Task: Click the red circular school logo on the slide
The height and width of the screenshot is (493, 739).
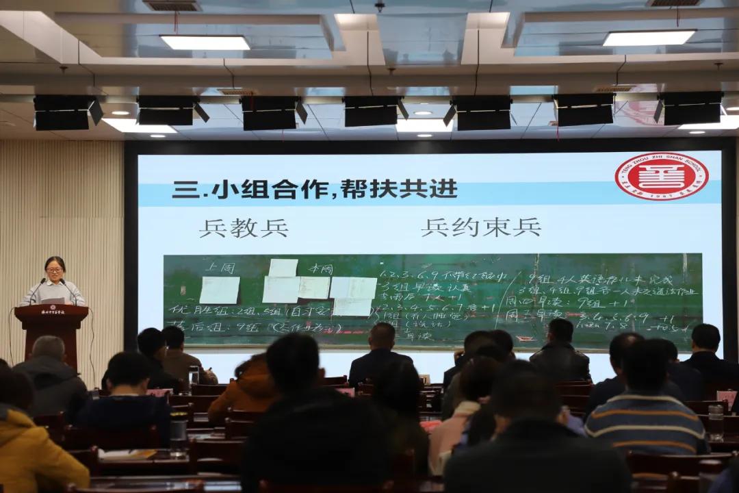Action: pyautogui.click(x=661, y=176)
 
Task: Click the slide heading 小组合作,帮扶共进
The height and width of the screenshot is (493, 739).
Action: pyautogui.click(x=315, y=189)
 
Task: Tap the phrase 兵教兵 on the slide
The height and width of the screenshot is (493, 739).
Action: pyautogui.click(x=244, y=227)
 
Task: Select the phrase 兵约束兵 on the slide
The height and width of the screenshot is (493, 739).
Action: pyautogui.click(x=480, y=227)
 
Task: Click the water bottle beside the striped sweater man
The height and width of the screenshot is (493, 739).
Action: pyautogui.click(x=715, y=421)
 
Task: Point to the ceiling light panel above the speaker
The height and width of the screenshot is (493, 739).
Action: pyautogui.click(x=205, y=42)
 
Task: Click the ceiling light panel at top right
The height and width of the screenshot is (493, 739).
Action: pyautogui.click(x=649, y=38)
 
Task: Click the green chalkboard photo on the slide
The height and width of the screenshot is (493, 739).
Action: pyautogui.click(x=432, y=300)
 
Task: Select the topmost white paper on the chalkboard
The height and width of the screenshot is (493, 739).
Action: pyautogui.click(x=283, y=268)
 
